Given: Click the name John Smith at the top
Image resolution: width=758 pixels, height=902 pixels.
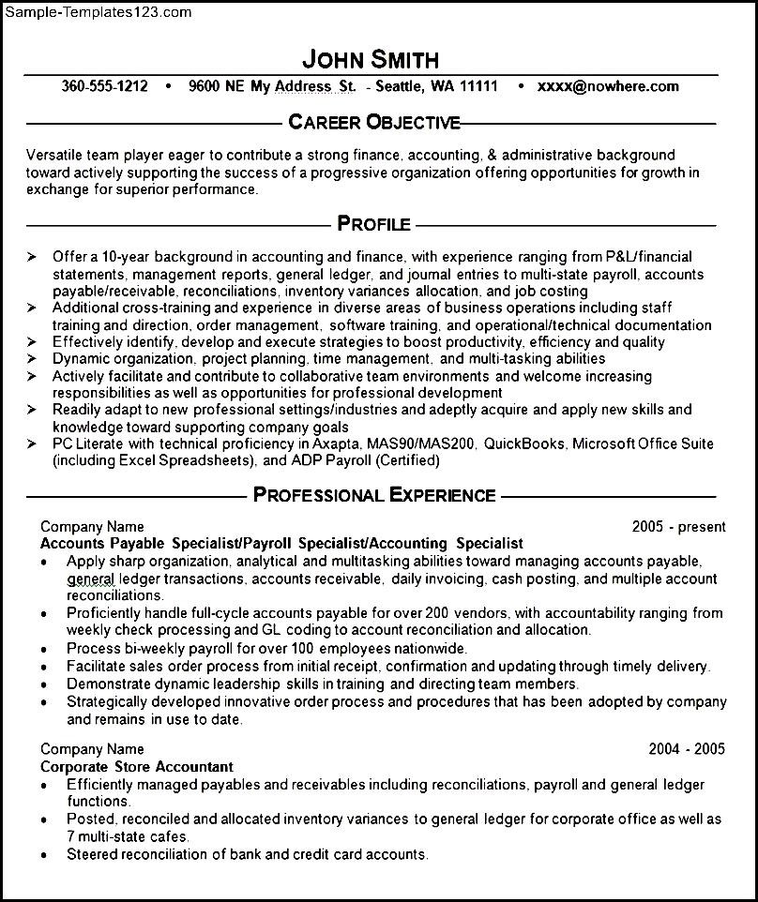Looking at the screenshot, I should [371, 60].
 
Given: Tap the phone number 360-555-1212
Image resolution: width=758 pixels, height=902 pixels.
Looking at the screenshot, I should [104, 87].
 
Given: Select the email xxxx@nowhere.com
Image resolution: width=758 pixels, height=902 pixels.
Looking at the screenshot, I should [608, 87].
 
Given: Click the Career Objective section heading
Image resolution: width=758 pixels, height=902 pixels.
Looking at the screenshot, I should [374, 122].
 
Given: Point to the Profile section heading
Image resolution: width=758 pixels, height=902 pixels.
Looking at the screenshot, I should [373, 223].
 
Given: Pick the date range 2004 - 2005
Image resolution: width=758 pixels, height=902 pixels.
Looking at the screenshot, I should [687, 749].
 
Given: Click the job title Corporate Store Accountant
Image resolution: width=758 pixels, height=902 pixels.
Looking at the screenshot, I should [137, 766].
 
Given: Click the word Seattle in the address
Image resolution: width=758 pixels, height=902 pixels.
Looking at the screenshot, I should [400, 87].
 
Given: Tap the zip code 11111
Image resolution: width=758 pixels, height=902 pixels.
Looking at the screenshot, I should [477, 87].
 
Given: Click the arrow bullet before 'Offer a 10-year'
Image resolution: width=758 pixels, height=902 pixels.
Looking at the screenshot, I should [32, 255].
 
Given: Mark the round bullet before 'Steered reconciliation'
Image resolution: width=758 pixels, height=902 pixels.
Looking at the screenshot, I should [45, 855].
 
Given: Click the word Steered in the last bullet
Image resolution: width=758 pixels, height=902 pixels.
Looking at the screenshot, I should [92, 854].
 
